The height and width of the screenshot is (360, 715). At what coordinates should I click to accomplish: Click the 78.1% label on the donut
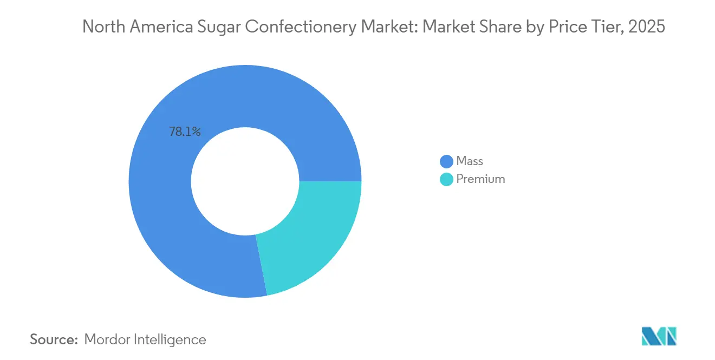(x=185, y=132)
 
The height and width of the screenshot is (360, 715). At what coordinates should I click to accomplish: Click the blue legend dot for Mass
(x=447, y=161)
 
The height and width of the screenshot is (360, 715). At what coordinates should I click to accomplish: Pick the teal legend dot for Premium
(x=447, y=179)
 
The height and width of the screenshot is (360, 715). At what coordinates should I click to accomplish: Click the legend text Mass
(x=470, y=161)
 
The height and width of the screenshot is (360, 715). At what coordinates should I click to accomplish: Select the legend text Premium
(x=480, y=179)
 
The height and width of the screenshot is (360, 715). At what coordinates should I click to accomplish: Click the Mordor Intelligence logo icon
(x=659, y=336)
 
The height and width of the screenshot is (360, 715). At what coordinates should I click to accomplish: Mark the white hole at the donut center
(x=245, y=181)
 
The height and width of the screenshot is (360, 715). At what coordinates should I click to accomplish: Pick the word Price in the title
(x=567, y=27)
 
